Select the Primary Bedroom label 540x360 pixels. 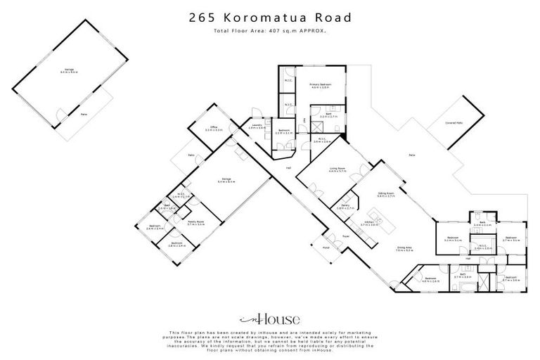[x=321, y=85]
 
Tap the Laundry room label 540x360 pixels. [x=257, y=127]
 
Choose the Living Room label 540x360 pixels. [x=337, y=169]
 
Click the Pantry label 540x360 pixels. [x=345, y=207]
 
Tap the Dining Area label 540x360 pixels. [x=404, y=248]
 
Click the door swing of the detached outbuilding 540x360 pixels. [x=64, y=112]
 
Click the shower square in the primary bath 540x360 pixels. [x=318, y=129]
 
